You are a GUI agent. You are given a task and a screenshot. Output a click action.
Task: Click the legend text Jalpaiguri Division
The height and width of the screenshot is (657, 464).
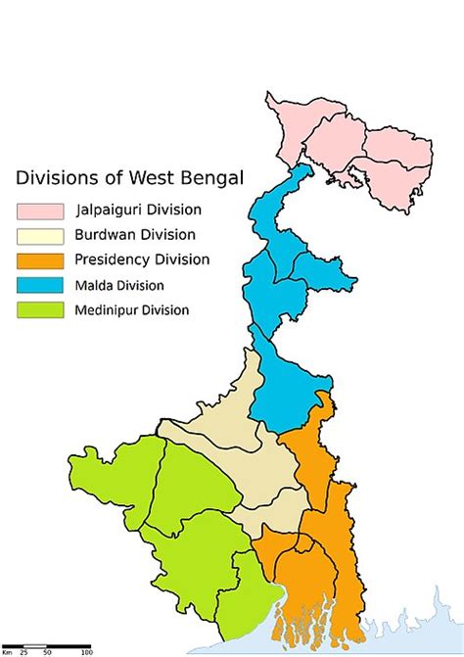(138, 210)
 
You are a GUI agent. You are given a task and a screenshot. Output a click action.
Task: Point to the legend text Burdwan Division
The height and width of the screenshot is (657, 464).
(134, 235)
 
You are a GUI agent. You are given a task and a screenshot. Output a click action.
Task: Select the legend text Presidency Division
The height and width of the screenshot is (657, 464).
(142, 260)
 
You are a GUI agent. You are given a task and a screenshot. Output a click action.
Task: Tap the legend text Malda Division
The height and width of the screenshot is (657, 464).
(119, 286)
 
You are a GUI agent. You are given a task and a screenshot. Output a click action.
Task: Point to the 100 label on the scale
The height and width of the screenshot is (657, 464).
(86, 652)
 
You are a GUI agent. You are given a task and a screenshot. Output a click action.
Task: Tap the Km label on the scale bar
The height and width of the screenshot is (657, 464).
(7, 652)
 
